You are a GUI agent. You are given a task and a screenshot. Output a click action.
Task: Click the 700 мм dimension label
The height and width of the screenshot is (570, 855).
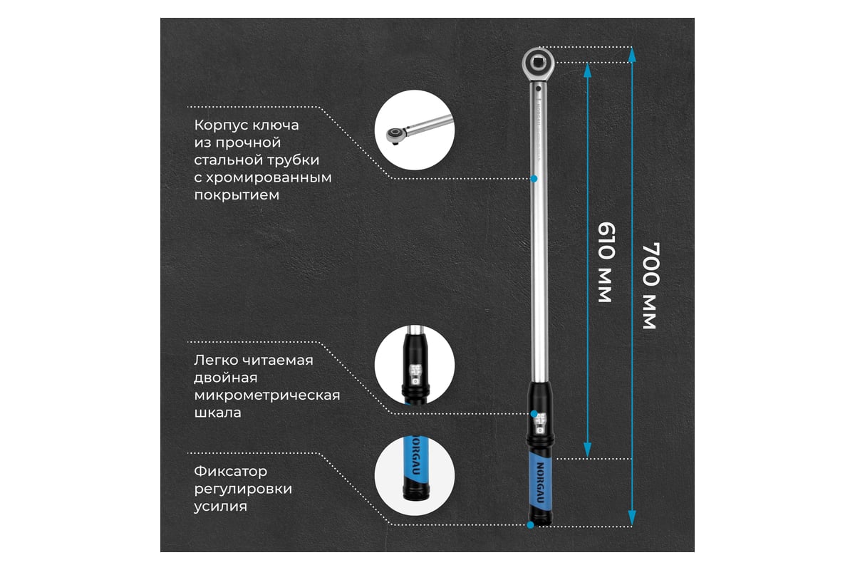click(651, 286)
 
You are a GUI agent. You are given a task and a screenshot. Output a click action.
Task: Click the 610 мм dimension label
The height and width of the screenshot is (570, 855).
click(606, 263)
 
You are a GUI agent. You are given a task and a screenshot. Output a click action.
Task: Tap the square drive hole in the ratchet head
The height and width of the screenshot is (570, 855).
click(538, 61)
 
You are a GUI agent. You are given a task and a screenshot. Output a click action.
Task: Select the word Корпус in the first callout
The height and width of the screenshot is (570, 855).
click(218, 125)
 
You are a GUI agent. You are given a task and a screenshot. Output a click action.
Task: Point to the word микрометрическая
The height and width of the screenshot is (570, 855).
click(266, 395)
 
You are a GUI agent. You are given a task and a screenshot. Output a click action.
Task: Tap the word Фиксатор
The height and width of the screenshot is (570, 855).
click(231, 471)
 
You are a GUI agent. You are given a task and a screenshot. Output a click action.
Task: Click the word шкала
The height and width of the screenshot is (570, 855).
click(217, 413)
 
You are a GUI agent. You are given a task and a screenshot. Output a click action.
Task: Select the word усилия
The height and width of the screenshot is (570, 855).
click(221, 507)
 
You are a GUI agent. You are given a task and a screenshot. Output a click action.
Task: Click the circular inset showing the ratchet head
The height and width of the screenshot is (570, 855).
click(415, 130)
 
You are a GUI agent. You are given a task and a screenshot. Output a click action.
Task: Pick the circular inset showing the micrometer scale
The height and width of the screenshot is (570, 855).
click(415, 365)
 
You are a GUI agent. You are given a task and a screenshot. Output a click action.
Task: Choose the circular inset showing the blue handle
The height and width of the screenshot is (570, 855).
click(415, 476)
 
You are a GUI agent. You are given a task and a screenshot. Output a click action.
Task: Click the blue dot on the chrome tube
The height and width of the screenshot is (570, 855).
click(534, 178)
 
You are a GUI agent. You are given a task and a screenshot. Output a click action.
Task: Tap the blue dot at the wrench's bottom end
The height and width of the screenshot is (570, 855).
click(530, 525)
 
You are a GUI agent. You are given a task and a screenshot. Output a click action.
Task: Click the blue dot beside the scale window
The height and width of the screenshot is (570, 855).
click(534, 413)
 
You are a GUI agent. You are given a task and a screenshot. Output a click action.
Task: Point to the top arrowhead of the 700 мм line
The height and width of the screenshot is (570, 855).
click(632, 55)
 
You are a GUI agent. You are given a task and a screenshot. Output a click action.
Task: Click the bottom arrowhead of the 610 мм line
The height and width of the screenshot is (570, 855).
click(587, 450)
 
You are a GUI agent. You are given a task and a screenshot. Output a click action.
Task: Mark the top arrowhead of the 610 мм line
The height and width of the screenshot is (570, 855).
click(587, 71)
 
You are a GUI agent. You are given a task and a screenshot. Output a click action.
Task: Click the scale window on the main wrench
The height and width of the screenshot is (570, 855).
click(540, 425)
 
